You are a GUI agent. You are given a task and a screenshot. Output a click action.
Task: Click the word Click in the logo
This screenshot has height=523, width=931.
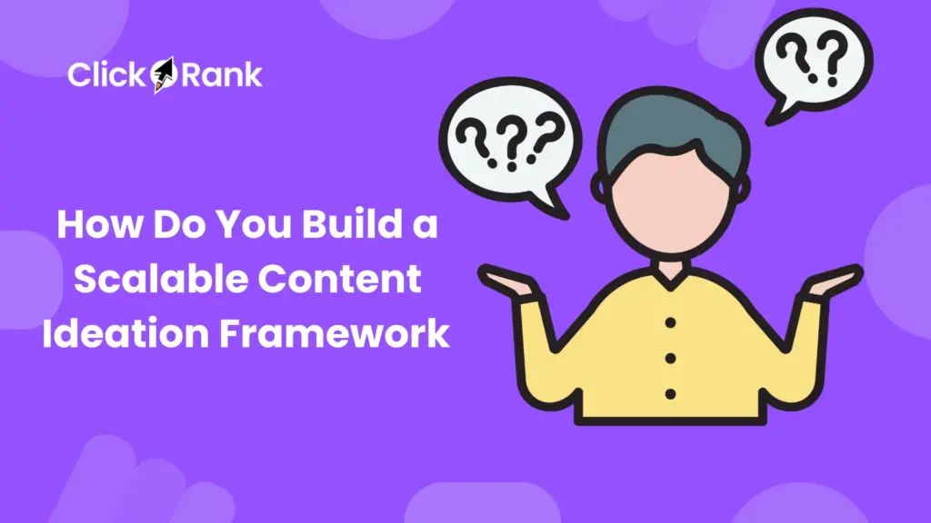point(105,75)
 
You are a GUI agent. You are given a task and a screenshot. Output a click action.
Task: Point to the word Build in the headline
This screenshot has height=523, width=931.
point(349,224)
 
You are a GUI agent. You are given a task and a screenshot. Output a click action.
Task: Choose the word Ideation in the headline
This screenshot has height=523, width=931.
point(113,334)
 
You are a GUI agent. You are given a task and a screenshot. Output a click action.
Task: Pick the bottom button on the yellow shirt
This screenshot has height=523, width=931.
point(670,394)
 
